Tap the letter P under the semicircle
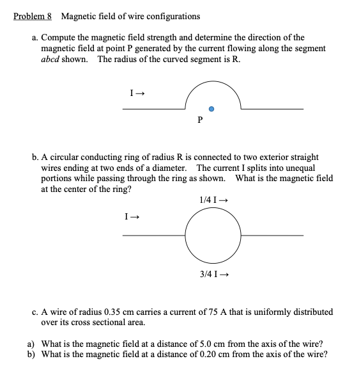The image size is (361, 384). (x=200, y=120)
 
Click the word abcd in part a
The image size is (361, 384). (x=54, y=59)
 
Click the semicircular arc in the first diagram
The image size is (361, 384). (x=212, y=82)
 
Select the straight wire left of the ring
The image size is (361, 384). (x=153, y=236)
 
